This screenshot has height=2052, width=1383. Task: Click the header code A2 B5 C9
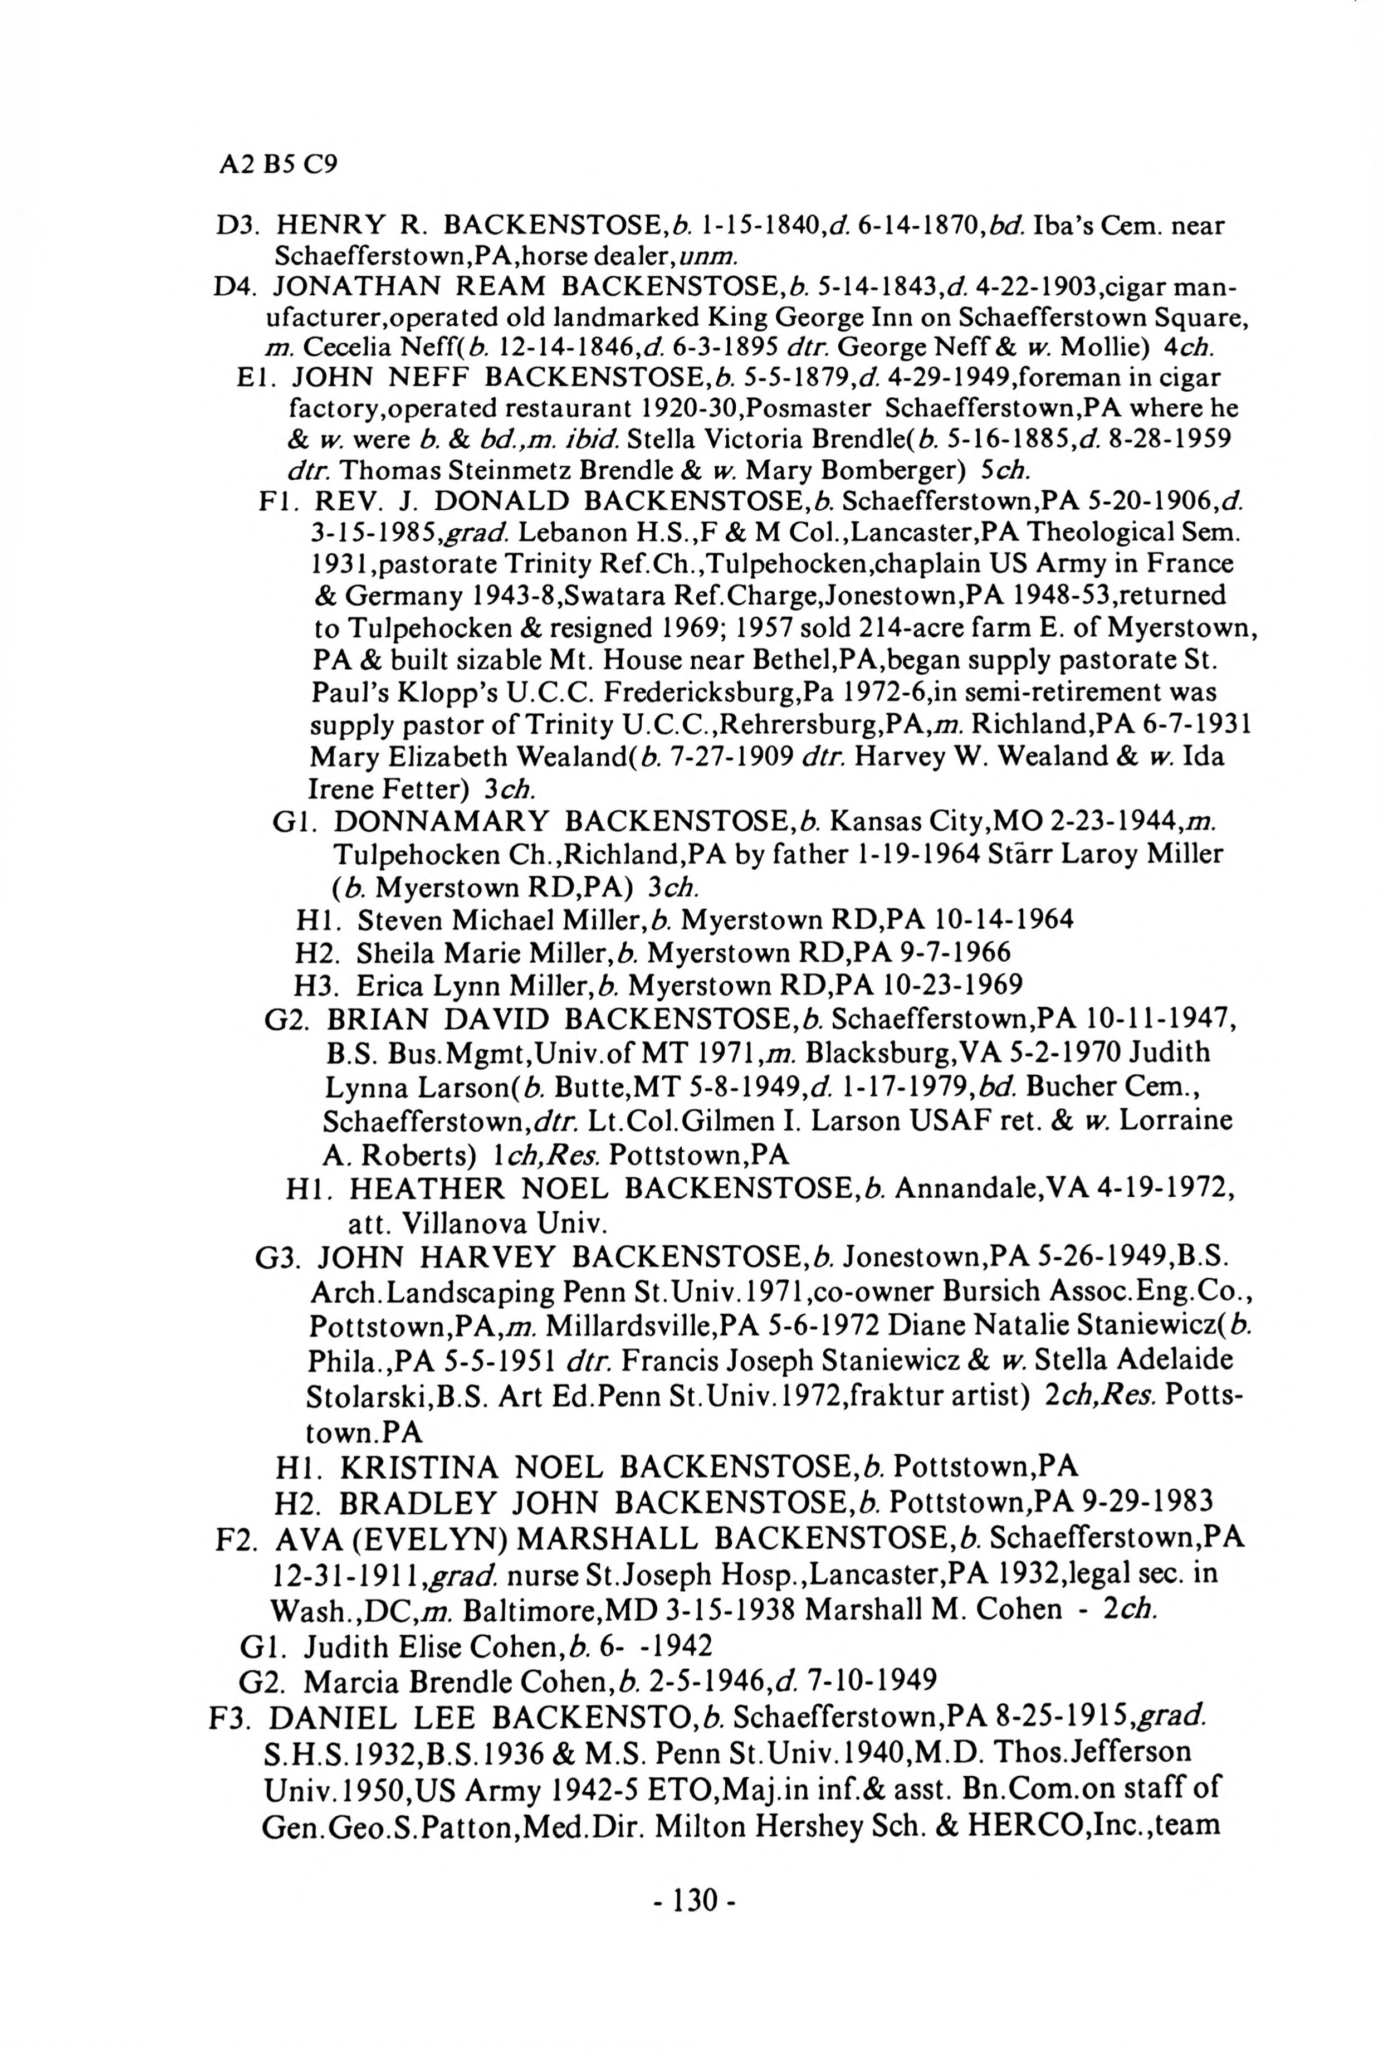pyautogui.click(x=278, y=164)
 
